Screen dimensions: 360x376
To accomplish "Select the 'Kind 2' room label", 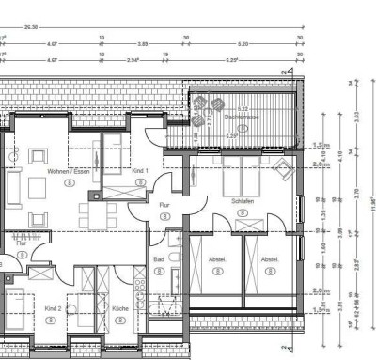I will (x=53, y=307).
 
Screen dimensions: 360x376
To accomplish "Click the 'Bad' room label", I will (x=159, y=258).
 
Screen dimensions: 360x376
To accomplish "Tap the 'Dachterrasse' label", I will (x=243, y=116).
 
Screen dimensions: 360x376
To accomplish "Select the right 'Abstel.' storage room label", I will (x=270, y=259).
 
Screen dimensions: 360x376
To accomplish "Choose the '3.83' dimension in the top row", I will (x=143, y=44).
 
